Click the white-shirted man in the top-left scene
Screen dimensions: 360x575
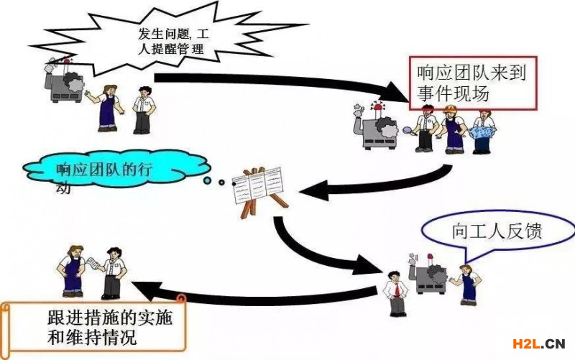click(x=144, y=108)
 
